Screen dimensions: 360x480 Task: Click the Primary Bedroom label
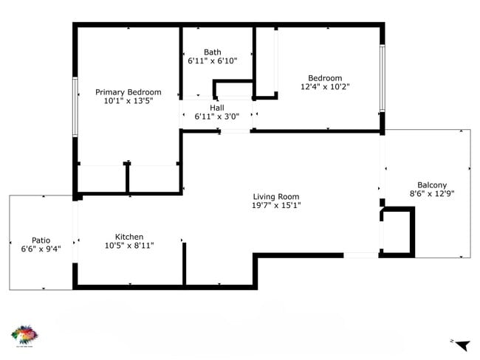[x=128, y=92]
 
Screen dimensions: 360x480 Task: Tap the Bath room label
[x=213, y=52]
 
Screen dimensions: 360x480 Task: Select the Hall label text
[x=216, y=108]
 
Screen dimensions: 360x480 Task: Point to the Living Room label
[x=276, y=196]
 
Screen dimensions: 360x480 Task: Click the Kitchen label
[x=129, y=237]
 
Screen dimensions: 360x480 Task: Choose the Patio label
[x=41, y=240]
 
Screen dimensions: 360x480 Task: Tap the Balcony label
[x=432, y=185]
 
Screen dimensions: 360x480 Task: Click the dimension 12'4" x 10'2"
[x=325, y=87]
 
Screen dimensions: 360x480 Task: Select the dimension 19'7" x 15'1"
[x=276, y=205]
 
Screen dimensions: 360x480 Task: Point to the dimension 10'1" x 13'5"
[x=128, y=101]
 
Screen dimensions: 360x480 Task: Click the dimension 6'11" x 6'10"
[x=213, y=61]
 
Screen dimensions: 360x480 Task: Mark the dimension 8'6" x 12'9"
[x=432, y=194]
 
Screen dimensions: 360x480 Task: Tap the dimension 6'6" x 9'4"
[x=41, y=249]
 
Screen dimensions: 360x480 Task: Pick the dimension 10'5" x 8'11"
[x=129, y=246]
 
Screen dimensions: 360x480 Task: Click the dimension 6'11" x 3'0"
[x=216, y=117]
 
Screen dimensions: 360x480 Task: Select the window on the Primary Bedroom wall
[x=75, y=107]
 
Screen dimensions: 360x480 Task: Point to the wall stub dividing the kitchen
[x=184, y=262]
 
